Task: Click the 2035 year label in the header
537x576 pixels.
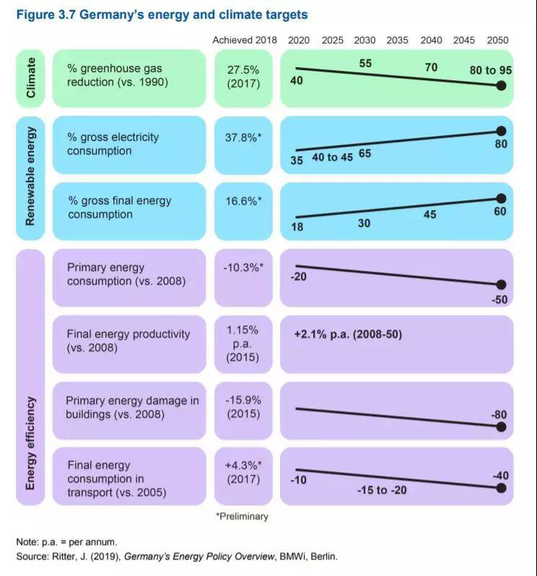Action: click(x=397, y=40)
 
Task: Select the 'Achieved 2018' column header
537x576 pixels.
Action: click(x=243, y=40)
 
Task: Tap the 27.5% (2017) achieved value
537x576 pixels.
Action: click(x=243, y=75)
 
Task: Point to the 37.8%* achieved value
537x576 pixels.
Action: click(x=243, y=137)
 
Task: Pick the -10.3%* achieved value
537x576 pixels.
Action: click(x=243, y=267)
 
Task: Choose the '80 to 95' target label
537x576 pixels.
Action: click(x=489, y=70)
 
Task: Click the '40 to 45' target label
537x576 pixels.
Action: click(x=333, y=158)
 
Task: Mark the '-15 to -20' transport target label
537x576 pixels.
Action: click(x=382, y=490)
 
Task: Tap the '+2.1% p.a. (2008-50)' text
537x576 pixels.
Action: click(x=348, y=335)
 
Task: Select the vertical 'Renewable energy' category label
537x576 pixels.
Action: click(x=31, y=178)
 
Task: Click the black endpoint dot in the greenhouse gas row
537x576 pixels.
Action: click(x=502, y=85)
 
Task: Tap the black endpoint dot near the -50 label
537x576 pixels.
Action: click(x=502, y=285)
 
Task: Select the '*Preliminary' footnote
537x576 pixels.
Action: click(x=242, y=517)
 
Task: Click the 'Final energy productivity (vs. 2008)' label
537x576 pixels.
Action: click(x=128, y=341)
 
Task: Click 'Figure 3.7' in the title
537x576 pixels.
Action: click(x=45, y=14)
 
